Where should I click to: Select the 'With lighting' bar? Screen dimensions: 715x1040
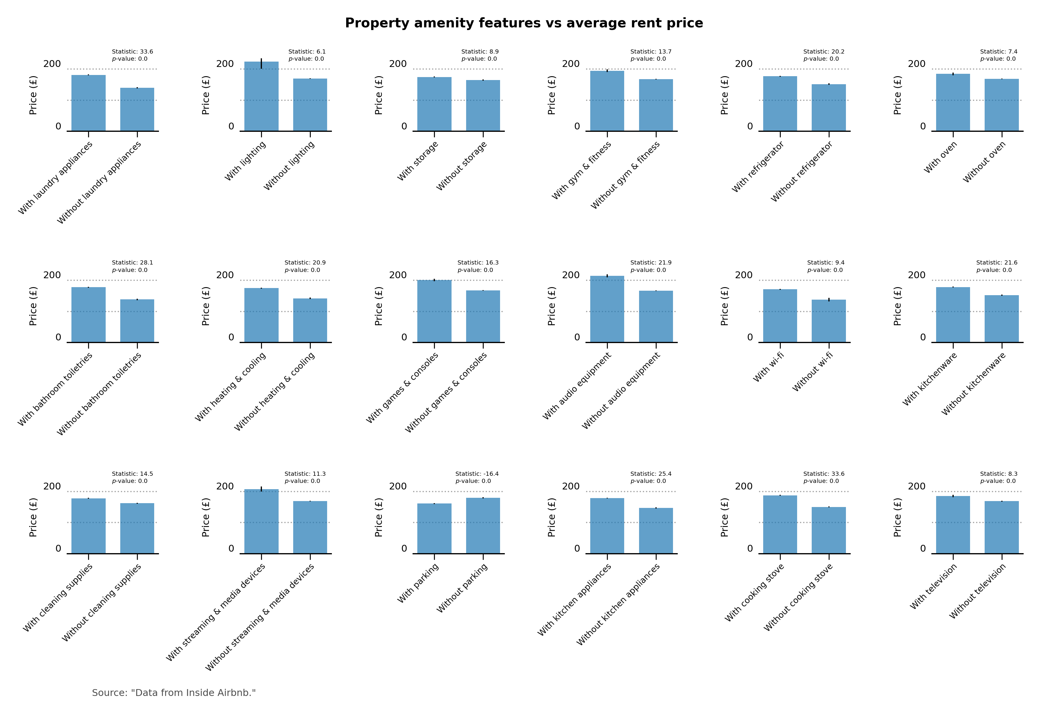(x=261, y=96)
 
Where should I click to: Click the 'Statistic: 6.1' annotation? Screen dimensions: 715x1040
(x=307, y=51)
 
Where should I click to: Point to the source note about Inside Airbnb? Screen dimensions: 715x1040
(x=174, y=693)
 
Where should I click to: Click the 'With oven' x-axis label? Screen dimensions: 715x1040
(x=941, y=157)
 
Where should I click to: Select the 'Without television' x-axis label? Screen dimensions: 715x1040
(x=978, y=591)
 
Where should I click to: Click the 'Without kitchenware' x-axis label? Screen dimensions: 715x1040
(x=974, y=384)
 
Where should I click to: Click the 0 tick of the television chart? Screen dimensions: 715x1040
(x=923, y=549)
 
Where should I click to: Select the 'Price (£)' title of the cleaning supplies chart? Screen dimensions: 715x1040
(x=33, y=517)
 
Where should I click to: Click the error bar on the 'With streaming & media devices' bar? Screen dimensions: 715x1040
(x=261, y=489)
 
